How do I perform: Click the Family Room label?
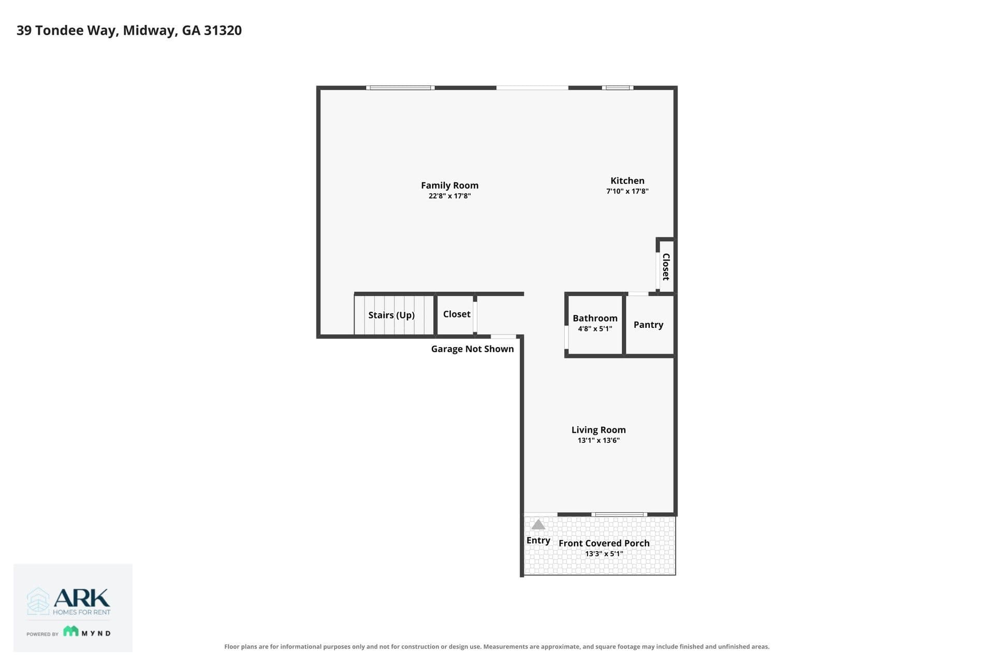click(449, 185)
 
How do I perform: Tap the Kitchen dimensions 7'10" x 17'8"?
click(627, 191)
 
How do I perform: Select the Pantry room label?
click(648, 325)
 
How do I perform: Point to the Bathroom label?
click(595, 318)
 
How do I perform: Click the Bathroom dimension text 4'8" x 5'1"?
click(595, 329)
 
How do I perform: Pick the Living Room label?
click(598, 430)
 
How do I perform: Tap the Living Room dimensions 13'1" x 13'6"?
click(598, 441)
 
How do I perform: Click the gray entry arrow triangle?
click(538, 525)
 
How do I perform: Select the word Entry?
click(538, 540)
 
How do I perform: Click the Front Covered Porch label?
click(604, 543)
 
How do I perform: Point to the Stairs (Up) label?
click(391, 315)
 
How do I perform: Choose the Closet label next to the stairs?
click(457, 314)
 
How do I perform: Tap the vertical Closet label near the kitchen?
click(666, 267)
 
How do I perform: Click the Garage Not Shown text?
click(473, 349)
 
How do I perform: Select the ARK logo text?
click(82, 598)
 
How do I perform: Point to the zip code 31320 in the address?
click(223, 30)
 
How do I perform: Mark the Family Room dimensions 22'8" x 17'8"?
click(449, 196)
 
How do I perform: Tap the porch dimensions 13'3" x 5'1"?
click(604, 554)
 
